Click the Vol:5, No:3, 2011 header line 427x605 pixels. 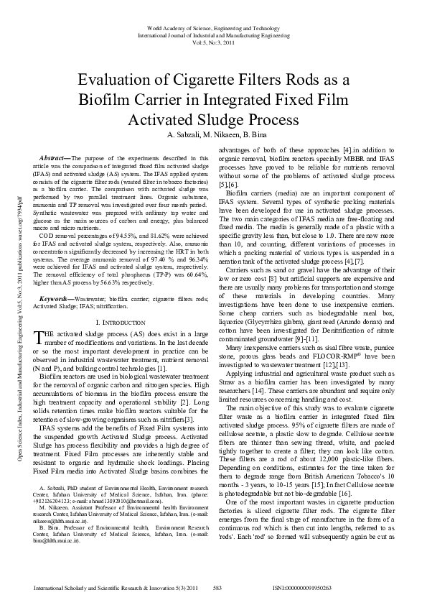click(214, 42)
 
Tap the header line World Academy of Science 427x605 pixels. click(214, 27)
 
